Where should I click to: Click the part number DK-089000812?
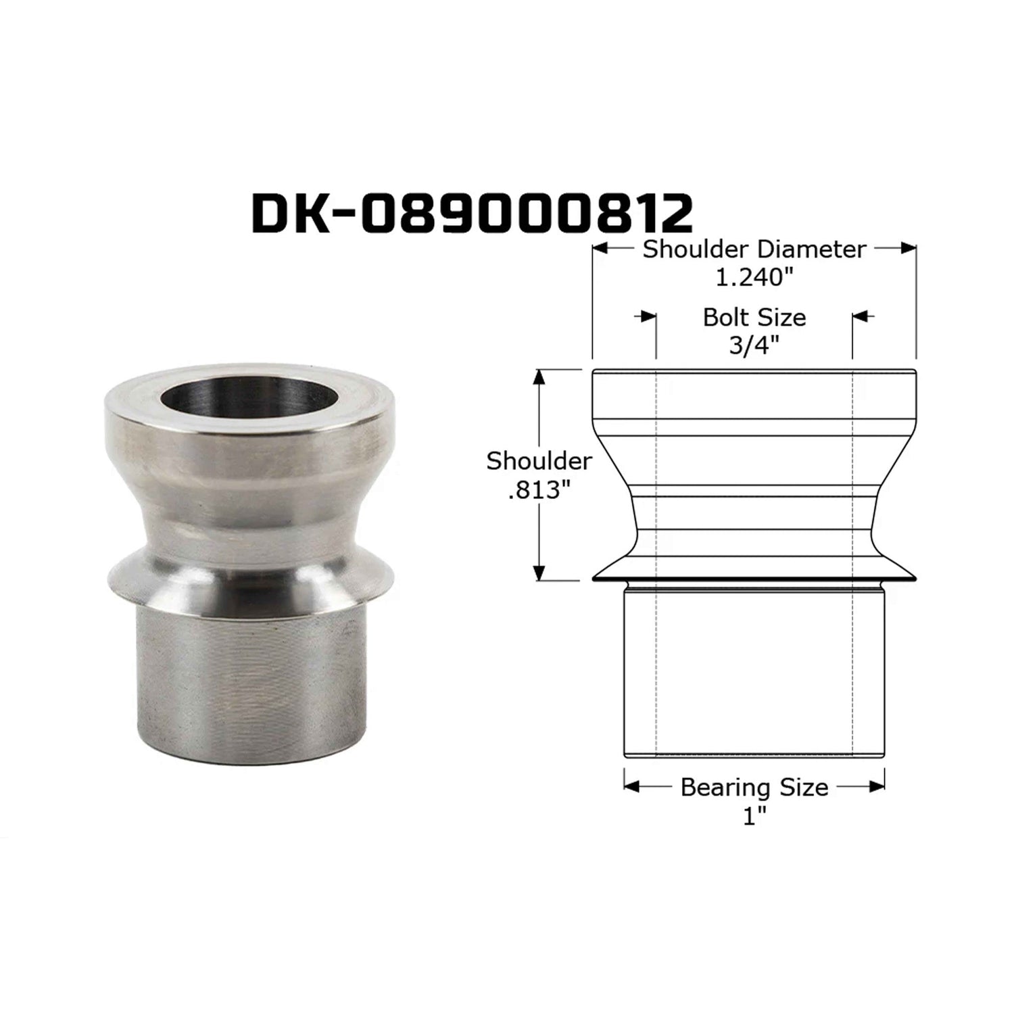point(472,214)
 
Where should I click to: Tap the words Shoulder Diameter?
point(754,249)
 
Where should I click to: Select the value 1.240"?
point(754,277)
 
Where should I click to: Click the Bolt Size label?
point(754,317)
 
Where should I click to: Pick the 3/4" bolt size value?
point(754,345)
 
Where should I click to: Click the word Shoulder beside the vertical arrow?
point(539,461)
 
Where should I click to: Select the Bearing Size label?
point(754,788)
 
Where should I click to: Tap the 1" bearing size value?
point(754,817)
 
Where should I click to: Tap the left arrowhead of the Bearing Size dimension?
point(631,786)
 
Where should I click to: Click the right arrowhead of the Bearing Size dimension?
point(877,786)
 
